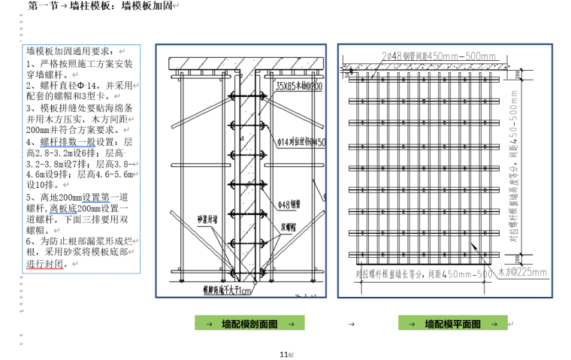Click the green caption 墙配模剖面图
(249, 323)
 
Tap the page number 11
(283, 354)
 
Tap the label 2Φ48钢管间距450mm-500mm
(439, 57)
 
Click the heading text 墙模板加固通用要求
(71, 51)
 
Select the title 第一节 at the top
(42, 7)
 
